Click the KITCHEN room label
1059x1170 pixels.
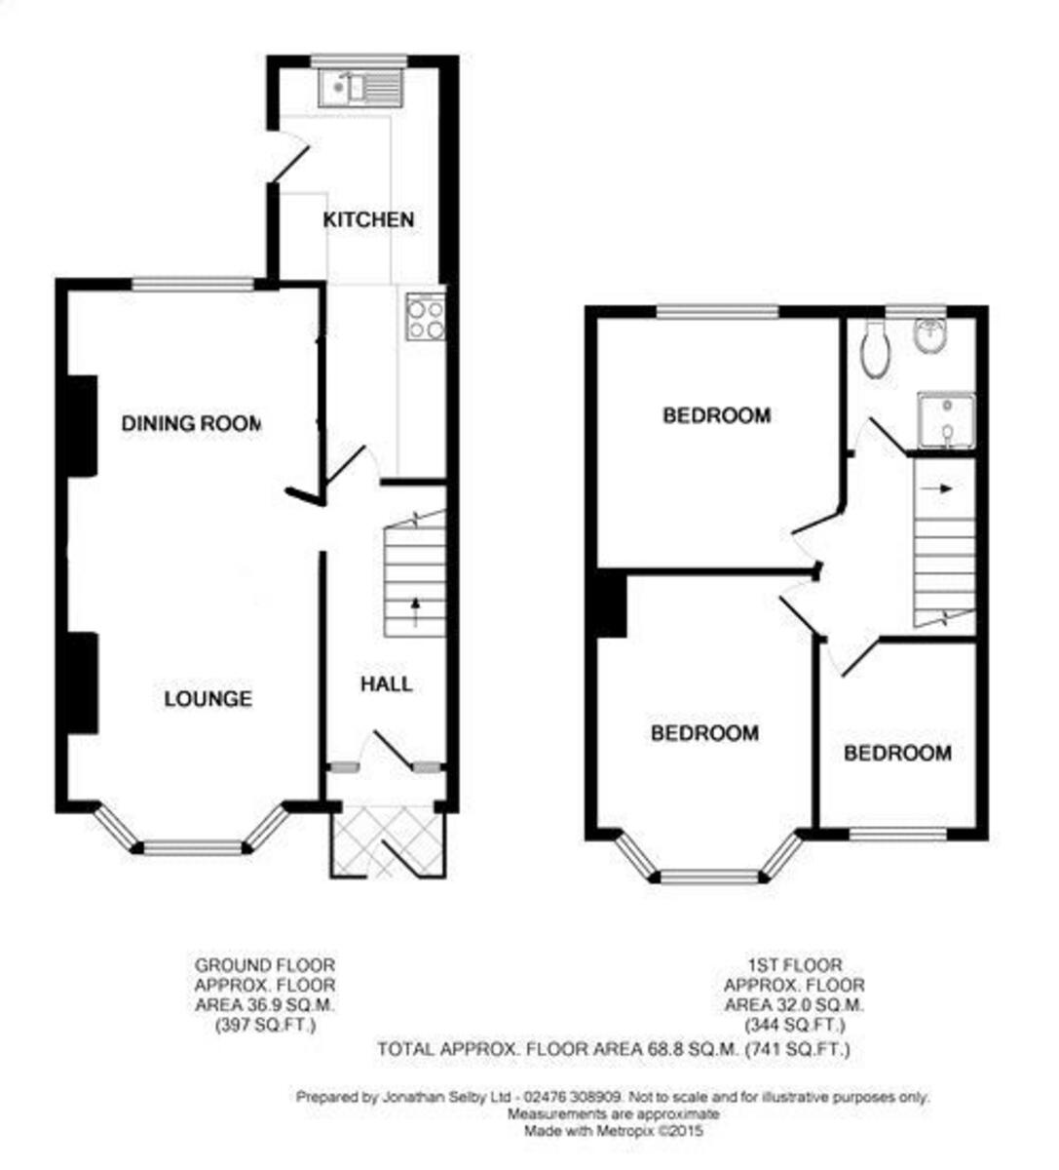click(x=368, y=219)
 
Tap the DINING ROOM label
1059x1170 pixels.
click(x=192, y=423)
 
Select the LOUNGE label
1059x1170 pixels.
click(x=208, y=698)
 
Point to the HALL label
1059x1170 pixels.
click(x=386, y=684)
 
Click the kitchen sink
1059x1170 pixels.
click(x=358, y=88)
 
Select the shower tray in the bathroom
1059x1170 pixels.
click(x=945, y=420)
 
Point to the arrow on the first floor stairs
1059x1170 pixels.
click(x=944, y=488)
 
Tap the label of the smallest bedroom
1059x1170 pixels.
click(x=897, y=753)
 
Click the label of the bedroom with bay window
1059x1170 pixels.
click(x=704, y=732)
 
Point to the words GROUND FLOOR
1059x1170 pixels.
click(x=265, y=965)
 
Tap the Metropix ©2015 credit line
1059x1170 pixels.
click(x=614, y=1131)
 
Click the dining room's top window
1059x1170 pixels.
click(x=193, y=284)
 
